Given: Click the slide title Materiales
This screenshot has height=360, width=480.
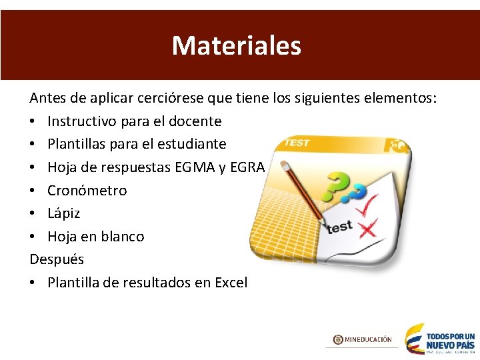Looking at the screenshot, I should [x=237, y=45].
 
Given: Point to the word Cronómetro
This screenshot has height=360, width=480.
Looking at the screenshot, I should [x=87, y=190].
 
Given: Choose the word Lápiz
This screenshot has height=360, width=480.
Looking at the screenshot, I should [x=63, y=213].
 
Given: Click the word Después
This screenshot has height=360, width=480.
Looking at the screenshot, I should [x=57, y=259].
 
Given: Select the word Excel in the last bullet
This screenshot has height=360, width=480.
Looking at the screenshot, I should [x=231, y=282].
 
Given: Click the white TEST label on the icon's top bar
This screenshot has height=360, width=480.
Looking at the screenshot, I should [x=297, y=143].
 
